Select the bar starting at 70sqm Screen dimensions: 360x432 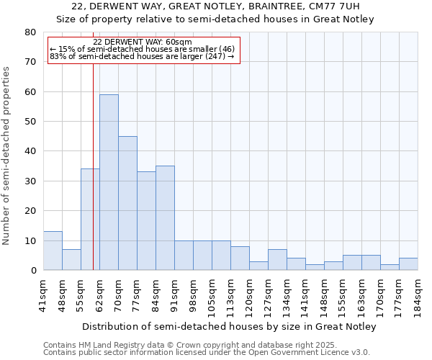pos(127,203)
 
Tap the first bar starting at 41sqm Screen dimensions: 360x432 pos(53,251)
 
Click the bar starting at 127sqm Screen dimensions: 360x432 pos(277,260)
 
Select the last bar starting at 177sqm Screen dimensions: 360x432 pos(408,264)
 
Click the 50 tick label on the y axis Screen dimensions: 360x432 pos(30,122)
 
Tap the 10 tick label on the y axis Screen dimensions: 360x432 pos(30,240)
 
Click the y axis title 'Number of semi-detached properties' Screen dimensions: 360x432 pos(7,156)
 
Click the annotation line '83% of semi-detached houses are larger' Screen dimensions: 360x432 pos(143,56)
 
